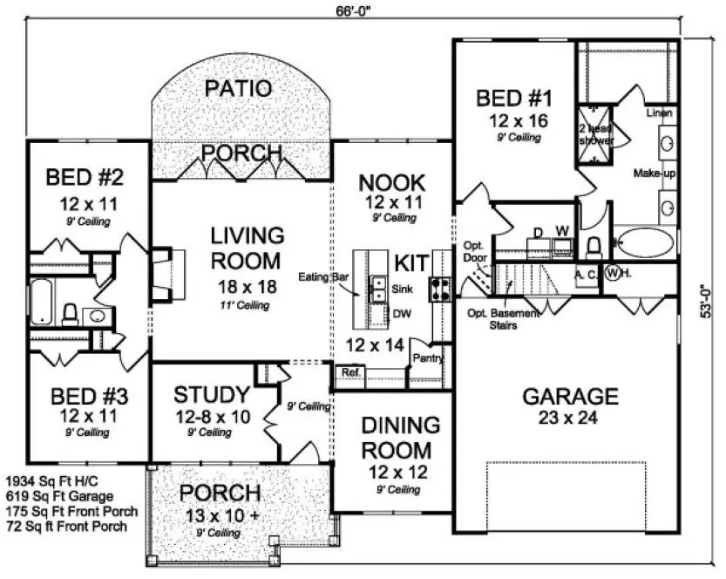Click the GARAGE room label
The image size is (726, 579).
[570, 396]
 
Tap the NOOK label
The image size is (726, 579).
[393, 182]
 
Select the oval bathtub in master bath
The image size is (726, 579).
[644, 242]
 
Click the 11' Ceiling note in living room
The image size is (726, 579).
[245, 305]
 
